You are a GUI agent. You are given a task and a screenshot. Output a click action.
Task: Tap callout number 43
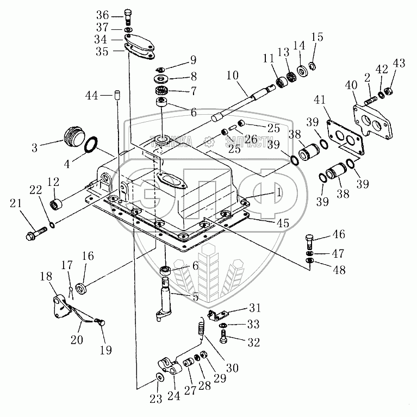pos(399,64)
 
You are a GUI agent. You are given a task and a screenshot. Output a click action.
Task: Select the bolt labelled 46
pos(308,239)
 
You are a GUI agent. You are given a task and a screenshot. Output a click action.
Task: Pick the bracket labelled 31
pos(221,314)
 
